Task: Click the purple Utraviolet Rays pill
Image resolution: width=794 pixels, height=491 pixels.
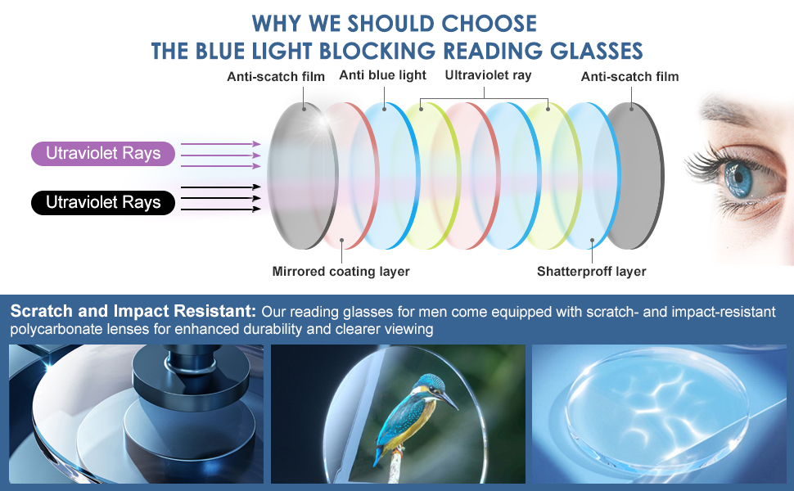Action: tap(103, 154)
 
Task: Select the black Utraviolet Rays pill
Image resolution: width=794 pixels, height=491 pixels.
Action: tap(103, 202)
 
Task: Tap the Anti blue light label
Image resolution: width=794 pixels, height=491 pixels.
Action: tap(383, 75)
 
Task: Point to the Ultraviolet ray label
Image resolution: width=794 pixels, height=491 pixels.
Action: tap(488, 75)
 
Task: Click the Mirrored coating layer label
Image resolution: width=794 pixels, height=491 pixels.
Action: tap(341, 272)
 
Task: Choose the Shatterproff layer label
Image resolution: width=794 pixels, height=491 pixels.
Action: tap(592, 272)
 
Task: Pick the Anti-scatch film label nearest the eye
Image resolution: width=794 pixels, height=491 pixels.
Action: tap(630, 76)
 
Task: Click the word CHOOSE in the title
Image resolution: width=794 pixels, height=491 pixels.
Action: tap(489, 24)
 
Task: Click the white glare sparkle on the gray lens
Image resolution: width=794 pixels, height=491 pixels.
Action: tap(321, 120)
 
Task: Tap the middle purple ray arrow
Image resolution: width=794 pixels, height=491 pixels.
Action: tap(221, 155)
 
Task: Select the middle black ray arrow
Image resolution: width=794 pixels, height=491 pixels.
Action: tap(221, 198)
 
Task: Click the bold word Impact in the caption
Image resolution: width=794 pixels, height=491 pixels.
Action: tap(141, 311)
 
